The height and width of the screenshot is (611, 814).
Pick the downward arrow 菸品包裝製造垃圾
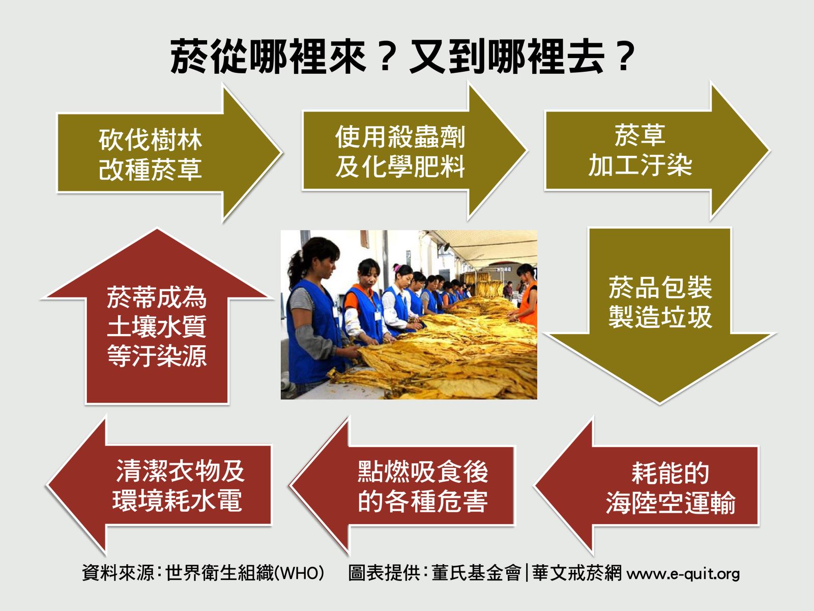660,315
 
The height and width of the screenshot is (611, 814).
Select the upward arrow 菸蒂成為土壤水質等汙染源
157,315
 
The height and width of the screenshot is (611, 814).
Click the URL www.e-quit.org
683,573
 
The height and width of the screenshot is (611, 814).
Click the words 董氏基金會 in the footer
476,573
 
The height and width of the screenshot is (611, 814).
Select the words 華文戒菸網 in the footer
577,573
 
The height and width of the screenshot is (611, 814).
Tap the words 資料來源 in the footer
118,573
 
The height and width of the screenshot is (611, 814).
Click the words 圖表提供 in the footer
384,573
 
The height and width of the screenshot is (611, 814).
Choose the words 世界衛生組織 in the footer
219,573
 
